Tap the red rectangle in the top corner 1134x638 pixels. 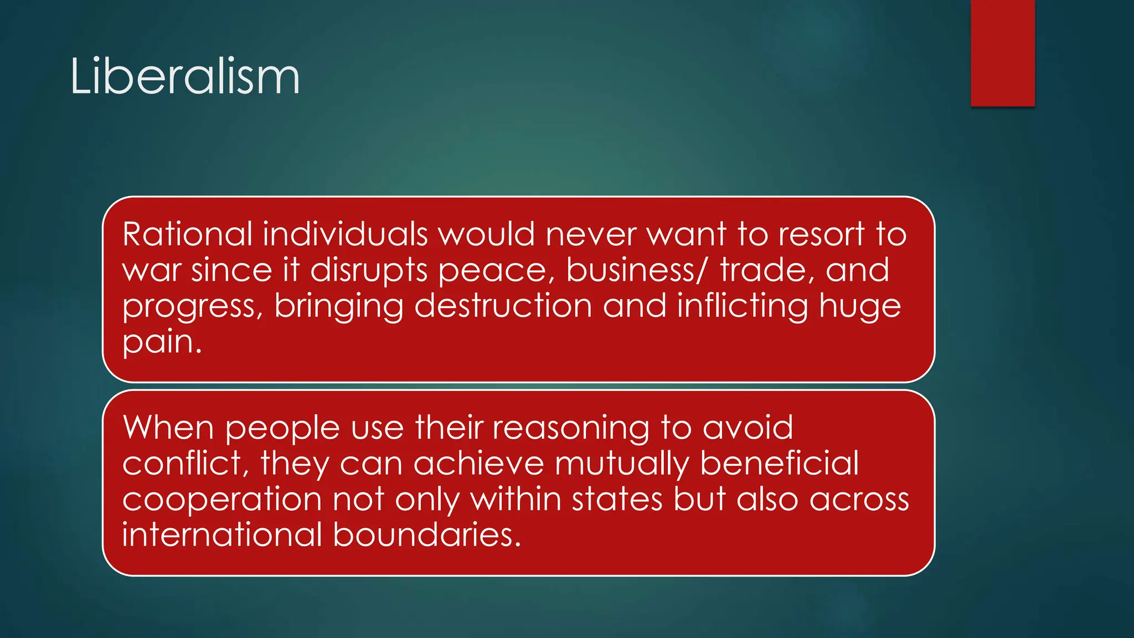1002,53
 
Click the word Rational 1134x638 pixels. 187,234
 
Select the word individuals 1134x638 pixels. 345,234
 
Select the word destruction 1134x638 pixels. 503,306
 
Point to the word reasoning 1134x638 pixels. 571,428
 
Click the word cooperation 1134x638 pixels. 222,500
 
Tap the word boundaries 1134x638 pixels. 427,535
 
